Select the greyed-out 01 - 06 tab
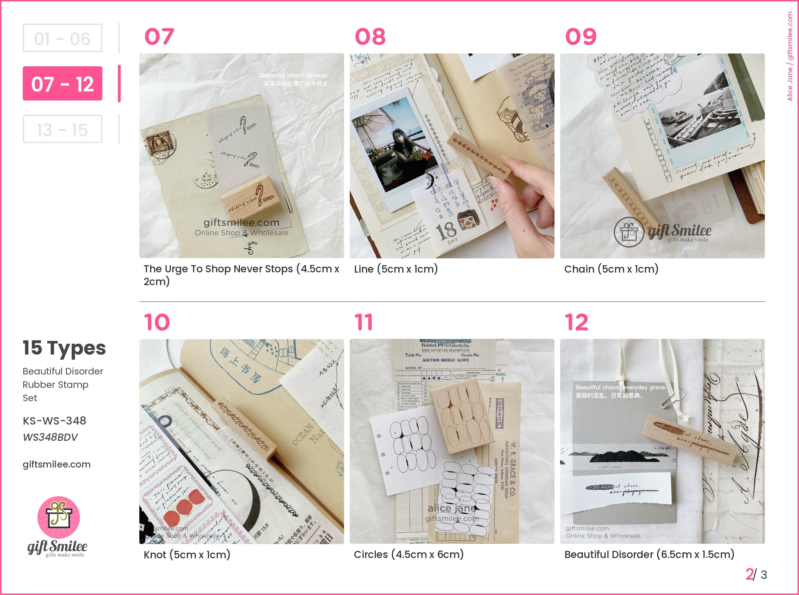click(x=62, y=38)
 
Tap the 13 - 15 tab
click(x=62, y=129)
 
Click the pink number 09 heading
click(x=581, y=36)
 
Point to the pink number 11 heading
click(x=363, y=322)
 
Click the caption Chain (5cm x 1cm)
click(x=611, y=269)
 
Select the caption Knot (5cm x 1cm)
click(x=187, y=555)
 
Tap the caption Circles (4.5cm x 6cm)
click(x=409, y=555)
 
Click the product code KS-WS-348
click(x=54, y=421)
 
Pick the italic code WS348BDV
click(x=50, y=437)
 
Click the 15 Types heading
click(x=64, y=348)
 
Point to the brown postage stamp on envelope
click(x=160, y=143)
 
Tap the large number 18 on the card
click(x=446, y=231)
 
